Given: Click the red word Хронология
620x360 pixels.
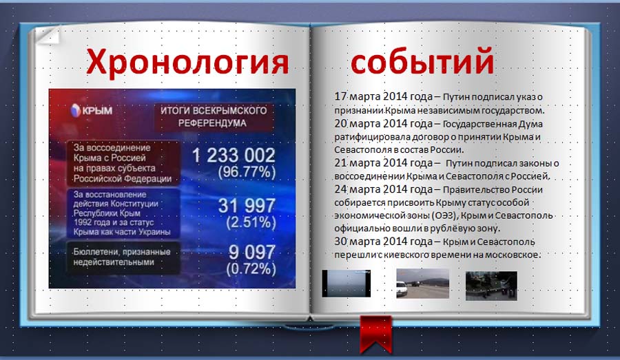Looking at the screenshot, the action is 187,62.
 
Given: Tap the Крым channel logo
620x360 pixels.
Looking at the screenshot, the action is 92,110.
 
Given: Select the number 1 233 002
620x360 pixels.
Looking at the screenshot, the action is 234,155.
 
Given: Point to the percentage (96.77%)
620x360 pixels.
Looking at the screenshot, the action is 247,172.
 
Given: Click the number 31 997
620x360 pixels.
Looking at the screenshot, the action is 247,206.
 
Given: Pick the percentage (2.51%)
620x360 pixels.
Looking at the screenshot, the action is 251,222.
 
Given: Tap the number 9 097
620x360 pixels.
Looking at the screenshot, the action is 251,252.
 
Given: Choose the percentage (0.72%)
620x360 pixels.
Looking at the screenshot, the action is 251,268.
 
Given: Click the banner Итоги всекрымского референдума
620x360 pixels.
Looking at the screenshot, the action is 214,116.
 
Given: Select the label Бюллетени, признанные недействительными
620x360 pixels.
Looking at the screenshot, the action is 122,257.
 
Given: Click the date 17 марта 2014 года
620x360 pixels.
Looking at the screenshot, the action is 384,96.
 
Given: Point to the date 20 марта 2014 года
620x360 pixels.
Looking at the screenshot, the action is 384,124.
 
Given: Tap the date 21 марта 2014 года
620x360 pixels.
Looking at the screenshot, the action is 384,163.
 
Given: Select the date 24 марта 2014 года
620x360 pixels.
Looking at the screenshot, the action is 384,189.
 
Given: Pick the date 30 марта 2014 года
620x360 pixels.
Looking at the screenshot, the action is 384,242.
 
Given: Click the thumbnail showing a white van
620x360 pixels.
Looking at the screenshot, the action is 423,284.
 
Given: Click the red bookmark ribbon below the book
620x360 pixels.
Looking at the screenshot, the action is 375,334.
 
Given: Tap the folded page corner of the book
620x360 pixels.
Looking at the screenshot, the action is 48,34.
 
